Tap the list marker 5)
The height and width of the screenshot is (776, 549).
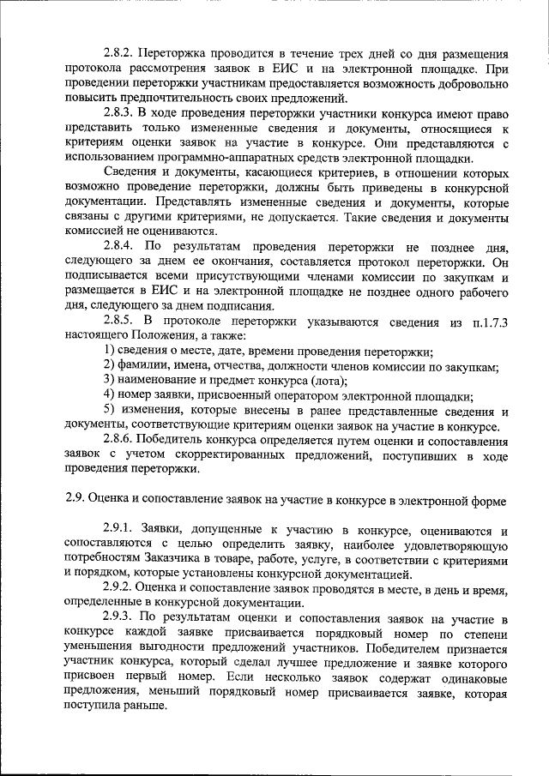coord(109,412)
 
